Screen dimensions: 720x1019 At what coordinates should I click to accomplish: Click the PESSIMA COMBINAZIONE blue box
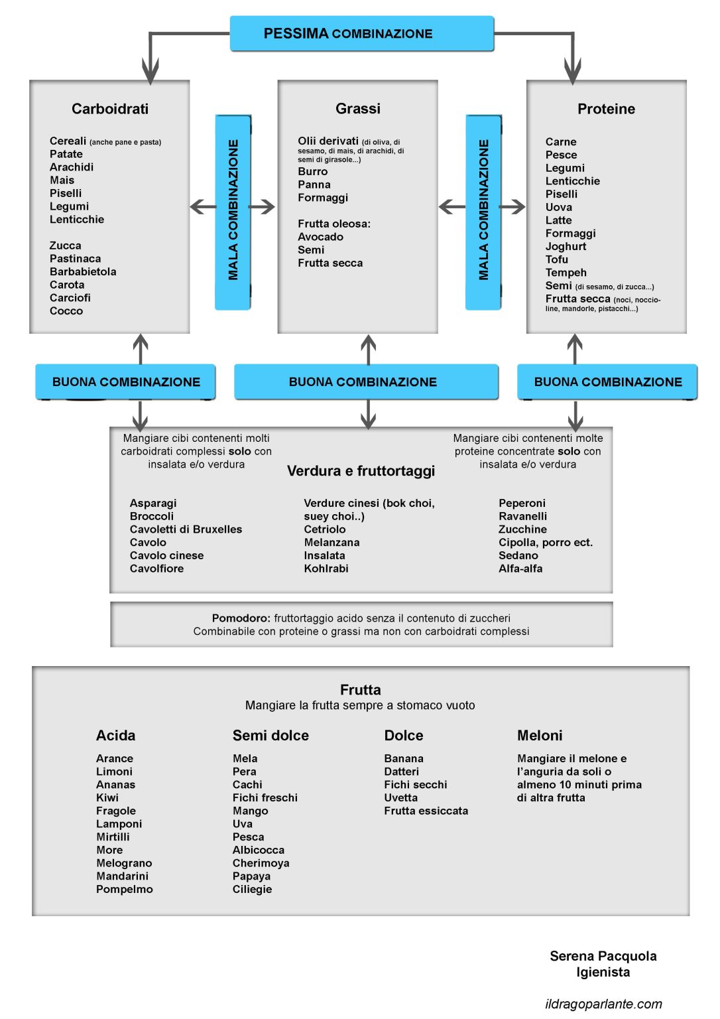[361, 33]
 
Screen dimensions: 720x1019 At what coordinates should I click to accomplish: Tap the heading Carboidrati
[110, 109]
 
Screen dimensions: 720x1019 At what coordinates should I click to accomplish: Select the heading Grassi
[358, 108]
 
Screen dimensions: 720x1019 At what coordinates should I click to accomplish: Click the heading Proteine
[606, 109]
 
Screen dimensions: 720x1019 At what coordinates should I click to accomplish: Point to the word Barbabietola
[83, 271]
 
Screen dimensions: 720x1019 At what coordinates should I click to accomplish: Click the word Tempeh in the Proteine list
[566, 273]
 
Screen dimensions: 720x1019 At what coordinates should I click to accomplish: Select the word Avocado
[320, 237]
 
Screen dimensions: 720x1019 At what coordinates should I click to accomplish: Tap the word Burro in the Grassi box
[313, 172]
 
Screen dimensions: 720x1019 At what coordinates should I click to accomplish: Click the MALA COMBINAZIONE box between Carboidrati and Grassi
[233, 212]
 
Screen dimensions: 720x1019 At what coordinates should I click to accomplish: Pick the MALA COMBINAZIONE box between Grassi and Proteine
[483, 212]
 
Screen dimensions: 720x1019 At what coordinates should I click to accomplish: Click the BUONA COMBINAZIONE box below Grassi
[366, 381]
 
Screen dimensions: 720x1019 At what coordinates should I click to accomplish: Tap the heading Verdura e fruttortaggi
[361, 471]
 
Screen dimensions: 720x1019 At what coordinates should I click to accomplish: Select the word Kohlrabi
[326, 569]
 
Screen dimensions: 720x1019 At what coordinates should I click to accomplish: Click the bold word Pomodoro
[241, 618]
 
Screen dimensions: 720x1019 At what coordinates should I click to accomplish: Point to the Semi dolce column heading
[270, 736]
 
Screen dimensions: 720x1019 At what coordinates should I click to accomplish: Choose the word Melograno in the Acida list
[124, 863]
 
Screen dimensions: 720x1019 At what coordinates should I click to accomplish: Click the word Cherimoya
[261, 863]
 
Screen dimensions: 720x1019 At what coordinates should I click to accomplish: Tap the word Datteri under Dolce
[401, 772]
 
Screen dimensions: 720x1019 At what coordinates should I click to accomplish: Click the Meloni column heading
[540, 736]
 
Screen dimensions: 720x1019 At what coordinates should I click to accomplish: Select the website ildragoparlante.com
[603, 1004]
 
